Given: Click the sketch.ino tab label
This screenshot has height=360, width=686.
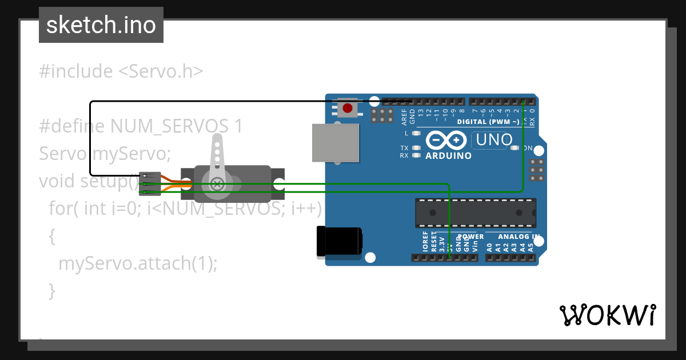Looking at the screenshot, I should pos(101,25).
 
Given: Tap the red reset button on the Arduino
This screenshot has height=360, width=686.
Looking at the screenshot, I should pos(347,107).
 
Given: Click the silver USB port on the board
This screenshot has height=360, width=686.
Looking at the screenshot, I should pos(336,142).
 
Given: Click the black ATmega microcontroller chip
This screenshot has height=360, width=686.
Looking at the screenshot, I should pos(476,213).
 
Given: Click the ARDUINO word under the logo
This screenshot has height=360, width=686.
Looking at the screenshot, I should pos(449,155).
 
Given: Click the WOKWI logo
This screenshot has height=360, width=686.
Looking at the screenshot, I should pos(607,315).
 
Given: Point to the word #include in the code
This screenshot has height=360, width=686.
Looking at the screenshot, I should pos(76,71).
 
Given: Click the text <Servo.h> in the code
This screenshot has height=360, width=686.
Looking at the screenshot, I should pos(161,71).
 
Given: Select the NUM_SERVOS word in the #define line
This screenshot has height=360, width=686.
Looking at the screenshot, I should pos(170,126).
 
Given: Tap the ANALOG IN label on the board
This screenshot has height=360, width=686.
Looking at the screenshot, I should pos(519,237).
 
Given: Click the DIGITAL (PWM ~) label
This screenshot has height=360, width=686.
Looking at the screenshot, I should pos(488,122).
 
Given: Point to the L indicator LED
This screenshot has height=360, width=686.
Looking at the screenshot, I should pos(416,133).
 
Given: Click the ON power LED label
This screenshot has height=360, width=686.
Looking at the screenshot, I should pos(528,148).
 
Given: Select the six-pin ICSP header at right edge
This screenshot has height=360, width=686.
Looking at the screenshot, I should pos(536,170).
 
